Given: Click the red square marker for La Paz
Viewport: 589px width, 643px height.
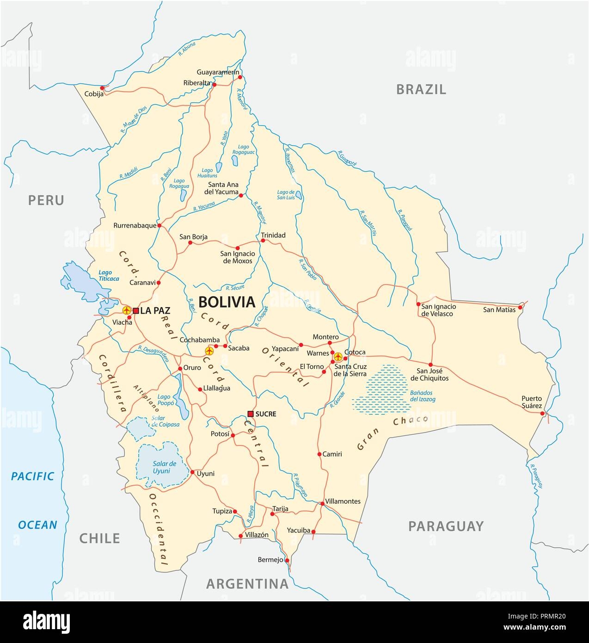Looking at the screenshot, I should tap(136, 310).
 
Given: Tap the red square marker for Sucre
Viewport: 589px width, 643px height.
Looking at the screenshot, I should tap(250, 414).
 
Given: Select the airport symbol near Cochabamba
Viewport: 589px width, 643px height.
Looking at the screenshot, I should tap(209, 351).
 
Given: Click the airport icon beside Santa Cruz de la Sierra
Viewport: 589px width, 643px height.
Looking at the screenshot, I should tap(338, 357).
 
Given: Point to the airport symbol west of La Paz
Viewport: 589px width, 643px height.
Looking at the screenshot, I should tap(126, 310).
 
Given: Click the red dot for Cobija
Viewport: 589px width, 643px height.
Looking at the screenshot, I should tap(102, 87).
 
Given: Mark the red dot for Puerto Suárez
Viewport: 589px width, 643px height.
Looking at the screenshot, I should tap(543, 413).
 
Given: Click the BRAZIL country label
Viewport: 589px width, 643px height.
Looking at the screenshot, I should tap(421, 89).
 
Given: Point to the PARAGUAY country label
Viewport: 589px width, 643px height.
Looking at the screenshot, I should tap(446, 526).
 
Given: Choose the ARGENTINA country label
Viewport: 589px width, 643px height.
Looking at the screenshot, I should tap(247, 583).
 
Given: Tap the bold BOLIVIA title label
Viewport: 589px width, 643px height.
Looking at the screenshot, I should tap(227, 302).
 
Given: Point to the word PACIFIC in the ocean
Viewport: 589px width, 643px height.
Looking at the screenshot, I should tap(33, 476).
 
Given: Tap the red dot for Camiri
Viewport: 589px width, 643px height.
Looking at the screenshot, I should tap(319, 454).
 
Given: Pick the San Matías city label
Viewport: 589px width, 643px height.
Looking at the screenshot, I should tap(499, 309).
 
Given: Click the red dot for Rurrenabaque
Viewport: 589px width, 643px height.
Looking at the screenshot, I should tap(159, 226).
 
